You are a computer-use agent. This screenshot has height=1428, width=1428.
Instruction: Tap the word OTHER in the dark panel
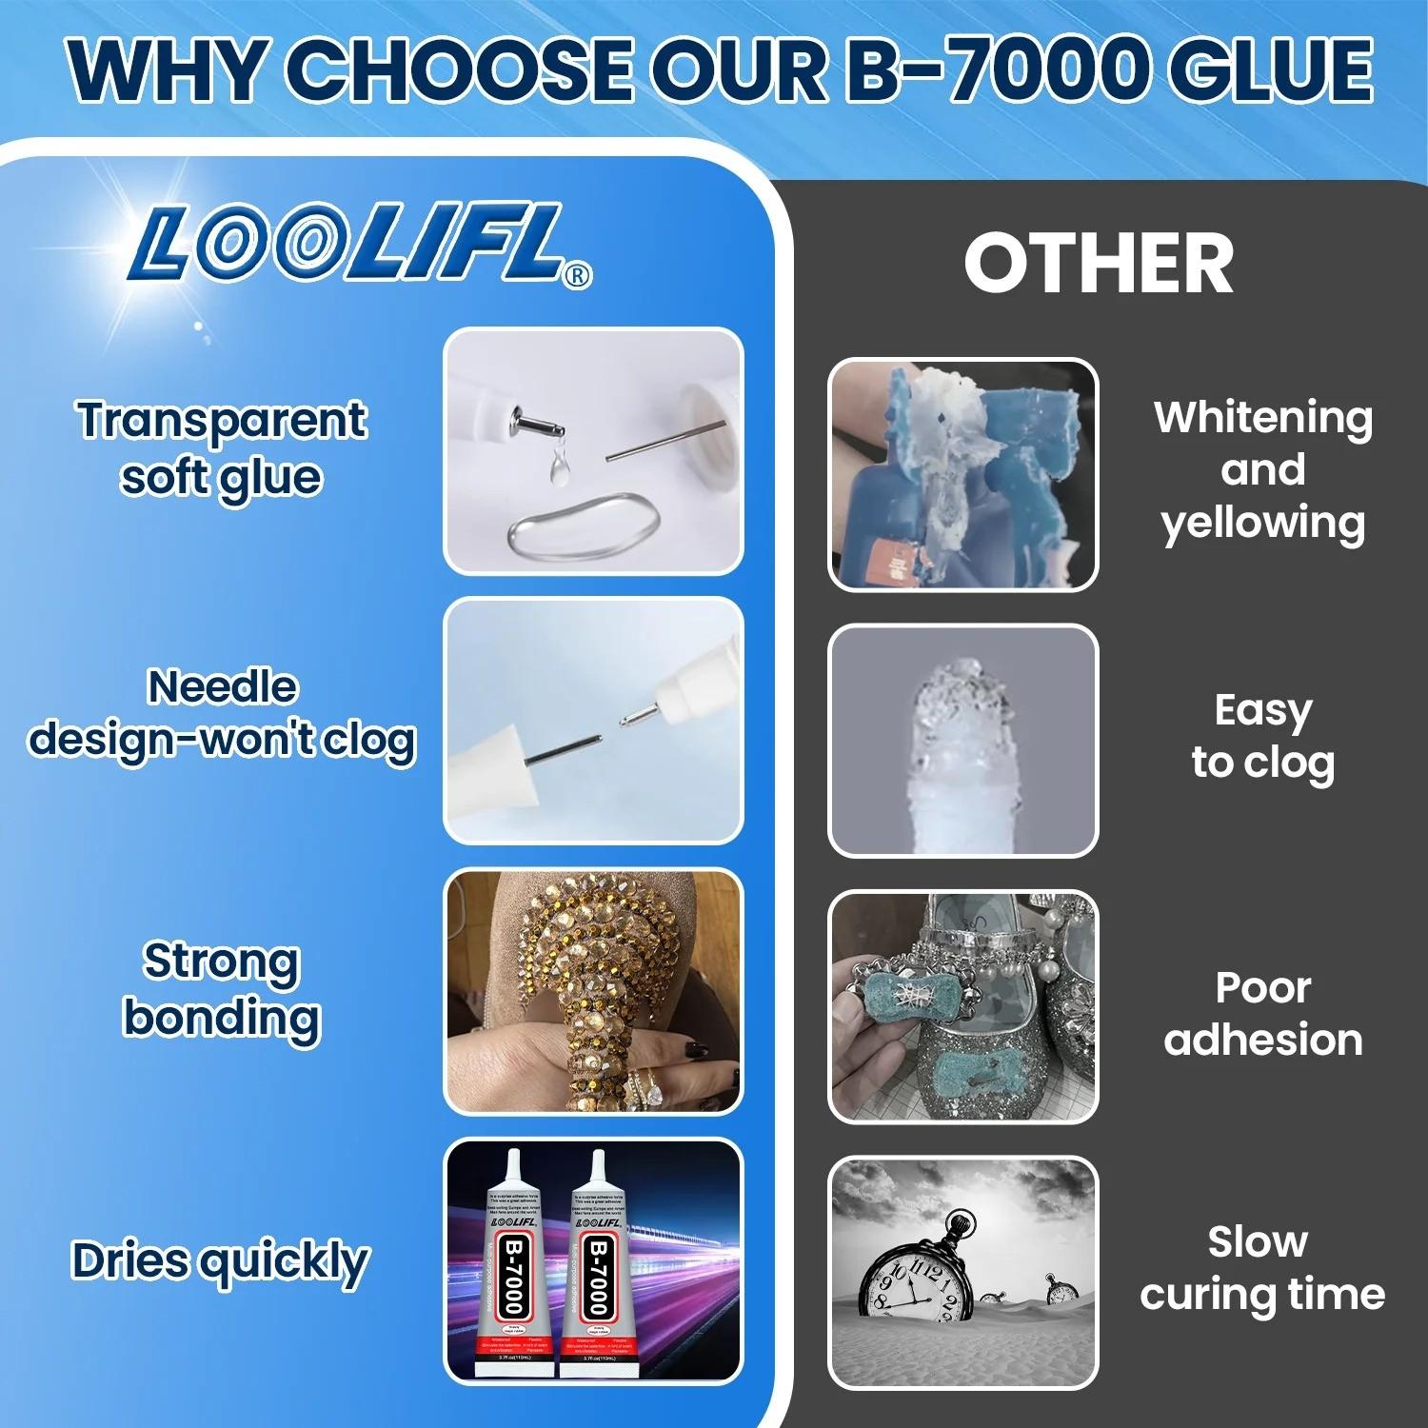point(1099,264)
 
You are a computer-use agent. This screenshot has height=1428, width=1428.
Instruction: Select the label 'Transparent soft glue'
point(222,447)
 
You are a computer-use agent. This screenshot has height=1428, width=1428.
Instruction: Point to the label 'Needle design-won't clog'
point(222,713)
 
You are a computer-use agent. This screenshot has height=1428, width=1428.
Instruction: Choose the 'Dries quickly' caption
point(220,1261)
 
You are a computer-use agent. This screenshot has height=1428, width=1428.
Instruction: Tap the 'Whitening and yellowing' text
point(1262,469)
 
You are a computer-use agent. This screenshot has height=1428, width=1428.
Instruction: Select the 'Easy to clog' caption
point(1262,736)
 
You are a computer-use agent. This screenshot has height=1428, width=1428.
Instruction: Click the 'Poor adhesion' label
point(1262,1014)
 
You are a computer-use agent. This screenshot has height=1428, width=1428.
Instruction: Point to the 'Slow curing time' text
point(1262,1268)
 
